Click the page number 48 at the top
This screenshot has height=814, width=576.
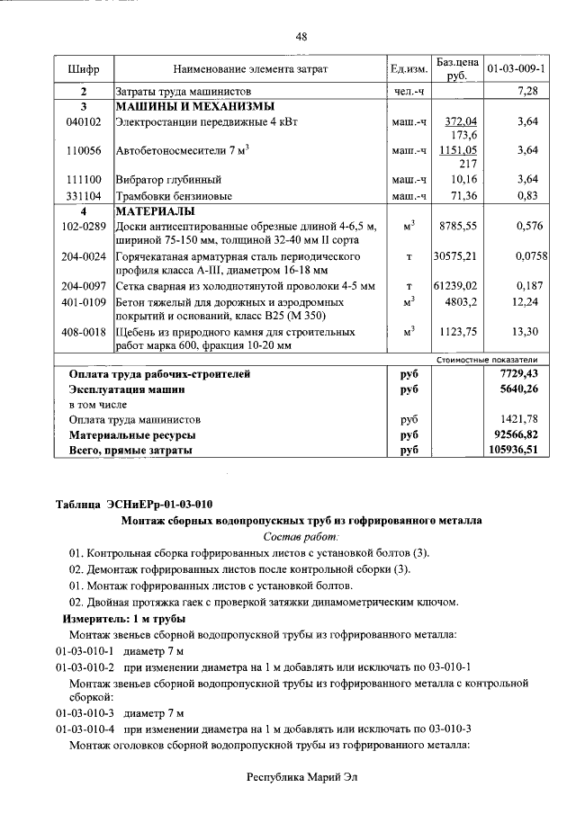pyautogui.click(x=301, y=37)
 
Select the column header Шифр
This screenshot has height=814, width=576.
pyautogui.click(x=84, y=68)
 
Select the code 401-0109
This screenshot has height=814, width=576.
pyautogui.click(x=84, y=301)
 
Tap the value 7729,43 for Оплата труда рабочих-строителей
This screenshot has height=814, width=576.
pyautogui.click(x=518, y=372)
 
